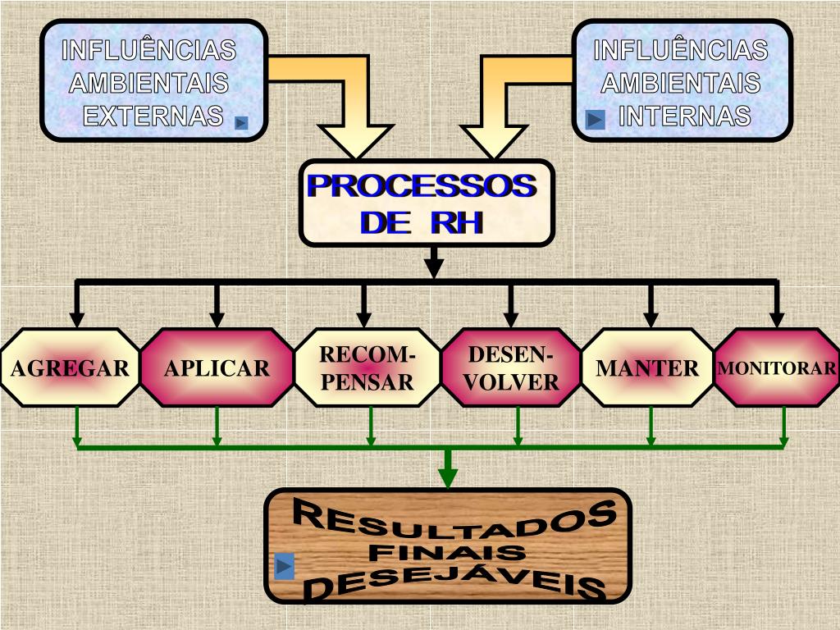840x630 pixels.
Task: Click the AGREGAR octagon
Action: (70, 368)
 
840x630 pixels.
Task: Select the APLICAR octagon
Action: (217, 368)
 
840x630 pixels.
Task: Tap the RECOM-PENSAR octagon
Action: (367, 368)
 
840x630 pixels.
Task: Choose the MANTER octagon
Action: (648, 368)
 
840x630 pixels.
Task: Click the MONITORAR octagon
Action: (778, 368)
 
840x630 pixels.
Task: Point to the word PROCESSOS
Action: (422, 187)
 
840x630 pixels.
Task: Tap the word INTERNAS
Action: (684, 116)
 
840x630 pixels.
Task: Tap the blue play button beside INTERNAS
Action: (596, 121)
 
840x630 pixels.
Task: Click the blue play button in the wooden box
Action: (284, 566)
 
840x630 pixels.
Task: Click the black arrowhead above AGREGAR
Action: (77, 318)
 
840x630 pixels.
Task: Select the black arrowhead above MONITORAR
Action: (778, 318)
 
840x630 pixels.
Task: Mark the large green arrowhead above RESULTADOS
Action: (448, 477)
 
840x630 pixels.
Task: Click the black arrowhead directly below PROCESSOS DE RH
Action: (435, 267)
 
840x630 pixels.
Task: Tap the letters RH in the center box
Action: (456, 222)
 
